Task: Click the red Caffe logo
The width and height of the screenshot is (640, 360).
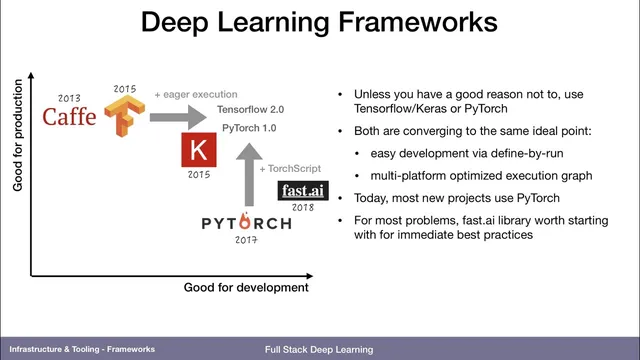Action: [x=70, y=118]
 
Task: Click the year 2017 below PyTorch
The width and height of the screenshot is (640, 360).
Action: [x=246, y=241]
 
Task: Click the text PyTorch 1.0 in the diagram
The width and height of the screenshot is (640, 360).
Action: [x=250, y=128]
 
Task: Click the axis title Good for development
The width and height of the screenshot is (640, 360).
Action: [x=246, y=288]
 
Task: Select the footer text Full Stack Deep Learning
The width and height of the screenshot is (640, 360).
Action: [x=319, y=350]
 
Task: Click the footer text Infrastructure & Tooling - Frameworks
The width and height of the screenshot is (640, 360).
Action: [x=82, y=350]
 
